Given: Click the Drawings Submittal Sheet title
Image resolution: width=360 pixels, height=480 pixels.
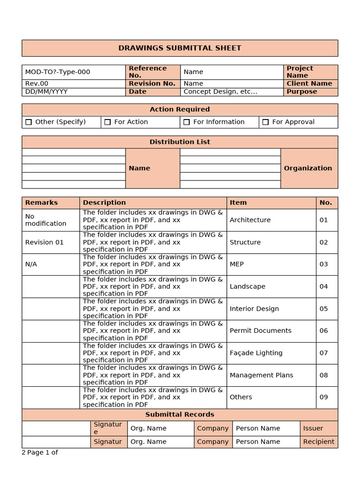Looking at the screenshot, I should click(180, 48).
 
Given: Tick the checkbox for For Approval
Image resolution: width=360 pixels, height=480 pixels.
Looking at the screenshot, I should click(266, 122).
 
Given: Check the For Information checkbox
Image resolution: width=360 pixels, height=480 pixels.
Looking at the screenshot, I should click(187, 122).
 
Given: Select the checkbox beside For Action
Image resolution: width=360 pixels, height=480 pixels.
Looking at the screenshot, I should click(108, 122).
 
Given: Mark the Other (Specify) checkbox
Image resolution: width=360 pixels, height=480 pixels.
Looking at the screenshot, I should click(29, 122).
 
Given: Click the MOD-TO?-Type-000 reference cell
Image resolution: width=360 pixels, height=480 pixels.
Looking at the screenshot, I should click(58, 72).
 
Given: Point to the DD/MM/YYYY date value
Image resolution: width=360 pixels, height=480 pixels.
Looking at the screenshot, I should click(46, 91).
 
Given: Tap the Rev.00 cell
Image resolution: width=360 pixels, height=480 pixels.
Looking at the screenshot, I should click(37, 83).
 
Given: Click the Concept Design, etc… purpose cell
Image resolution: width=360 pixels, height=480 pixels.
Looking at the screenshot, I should click(220, 91).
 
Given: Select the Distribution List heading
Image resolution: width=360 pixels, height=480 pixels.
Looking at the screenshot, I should click(180, 142).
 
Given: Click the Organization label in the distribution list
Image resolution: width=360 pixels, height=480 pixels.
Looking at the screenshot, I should click(308, 168).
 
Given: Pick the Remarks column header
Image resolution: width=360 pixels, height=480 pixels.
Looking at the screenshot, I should click(41, 202).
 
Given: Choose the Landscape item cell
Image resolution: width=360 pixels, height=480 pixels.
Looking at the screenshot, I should click(247, 286).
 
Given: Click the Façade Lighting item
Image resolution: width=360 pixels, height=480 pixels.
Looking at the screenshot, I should click(256, 353).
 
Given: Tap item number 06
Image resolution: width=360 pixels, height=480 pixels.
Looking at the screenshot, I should click(324, 330).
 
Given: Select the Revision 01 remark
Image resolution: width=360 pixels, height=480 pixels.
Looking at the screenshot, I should click(44, 242).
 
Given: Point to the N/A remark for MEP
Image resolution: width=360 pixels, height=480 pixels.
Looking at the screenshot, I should click(31, 264).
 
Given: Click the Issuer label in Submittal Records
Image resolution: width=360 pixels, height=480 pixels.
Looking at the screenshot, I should click(313, 428).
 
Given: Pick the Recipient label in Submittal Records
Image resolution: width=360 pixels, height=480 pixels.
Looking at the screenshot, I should click(319, 442).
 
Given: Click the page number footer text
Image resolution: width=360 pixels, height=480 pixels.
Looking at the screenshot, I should click(40, 452).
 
